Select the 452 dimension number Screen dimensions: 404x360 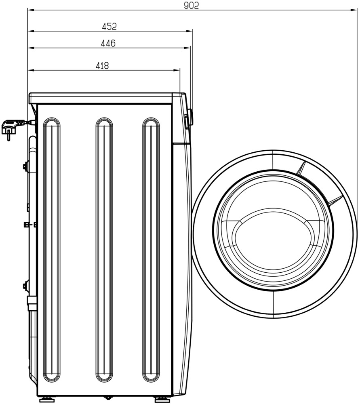109,26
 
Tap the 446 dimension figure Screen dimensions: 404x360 108,43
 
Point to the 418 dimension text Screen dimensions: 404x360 102,65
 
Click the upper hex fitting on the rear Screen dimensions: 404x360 26,166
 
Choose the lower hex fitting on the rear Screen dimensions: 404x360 26,286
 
